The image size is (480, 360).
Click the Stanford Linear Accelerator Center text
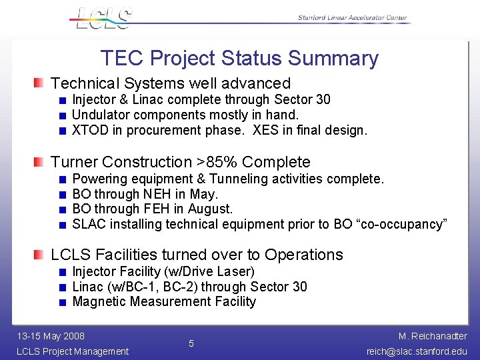351,18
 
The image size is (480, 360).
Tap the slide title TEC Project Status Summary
239,58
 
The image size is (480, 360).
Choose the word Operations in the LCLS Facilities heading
303,255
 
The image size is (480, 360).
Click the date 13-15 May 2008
51,335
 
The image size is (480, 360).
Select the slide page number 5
191,343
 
